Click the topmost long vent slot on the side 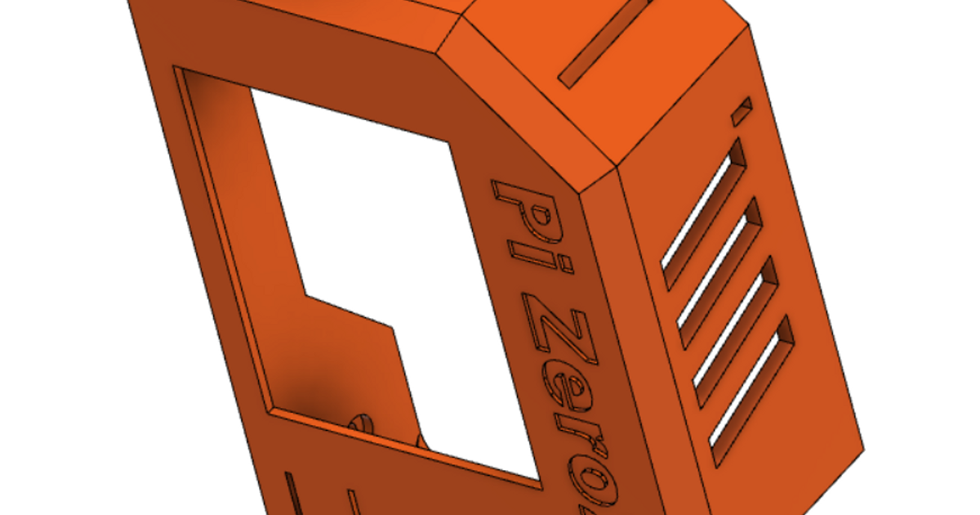click(x=703, y=213)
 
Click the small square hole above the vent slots click(x=742, y=113)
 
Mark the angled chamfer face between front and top click(x=523, y=98)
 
